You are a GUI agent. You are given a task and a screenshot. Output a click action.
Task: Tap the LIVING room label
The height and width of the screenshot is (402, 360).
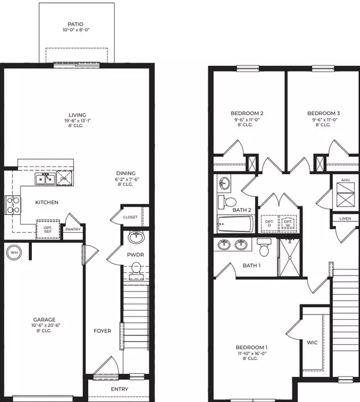tap(77, 115)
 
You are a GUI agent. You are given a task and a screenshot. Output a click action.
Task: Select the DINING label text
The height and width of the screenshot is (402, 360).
tap(125, 173)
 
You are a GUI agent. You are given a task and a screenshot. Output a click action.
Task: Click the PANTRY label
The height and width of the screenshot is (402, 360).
tap(73, 229)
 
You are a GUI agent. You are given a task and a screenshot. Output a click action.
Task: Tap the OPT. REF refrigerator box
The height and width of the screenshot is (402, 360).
tap(48, 229)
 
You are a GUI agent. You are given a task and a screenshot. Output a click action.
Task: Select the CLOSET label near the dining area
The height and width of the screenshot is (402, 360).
tap(131, 217)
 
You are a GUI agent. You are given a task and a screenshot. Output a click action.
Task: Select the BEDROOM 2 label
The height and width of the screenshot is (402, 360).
tap(247, 113)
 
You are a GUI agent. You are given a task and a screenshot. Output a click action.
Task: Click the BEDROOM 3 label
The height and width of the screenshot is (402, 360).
tap(323, 113)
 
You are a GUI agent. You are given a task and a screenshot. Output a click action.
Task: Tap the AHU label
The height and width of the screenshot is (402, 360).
tap(344, 180)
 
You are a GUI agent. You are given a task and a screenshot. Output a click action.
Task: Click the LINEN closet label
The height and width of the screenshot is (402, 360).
tap(345, 219)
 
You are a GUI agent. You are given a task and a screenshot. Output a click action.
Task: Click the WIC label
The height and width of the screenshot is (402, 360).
tap(311, 343)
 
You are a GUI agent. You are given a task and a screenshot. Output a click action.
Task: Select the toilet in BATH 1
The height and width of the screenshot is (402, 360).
tap(263, 246)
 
